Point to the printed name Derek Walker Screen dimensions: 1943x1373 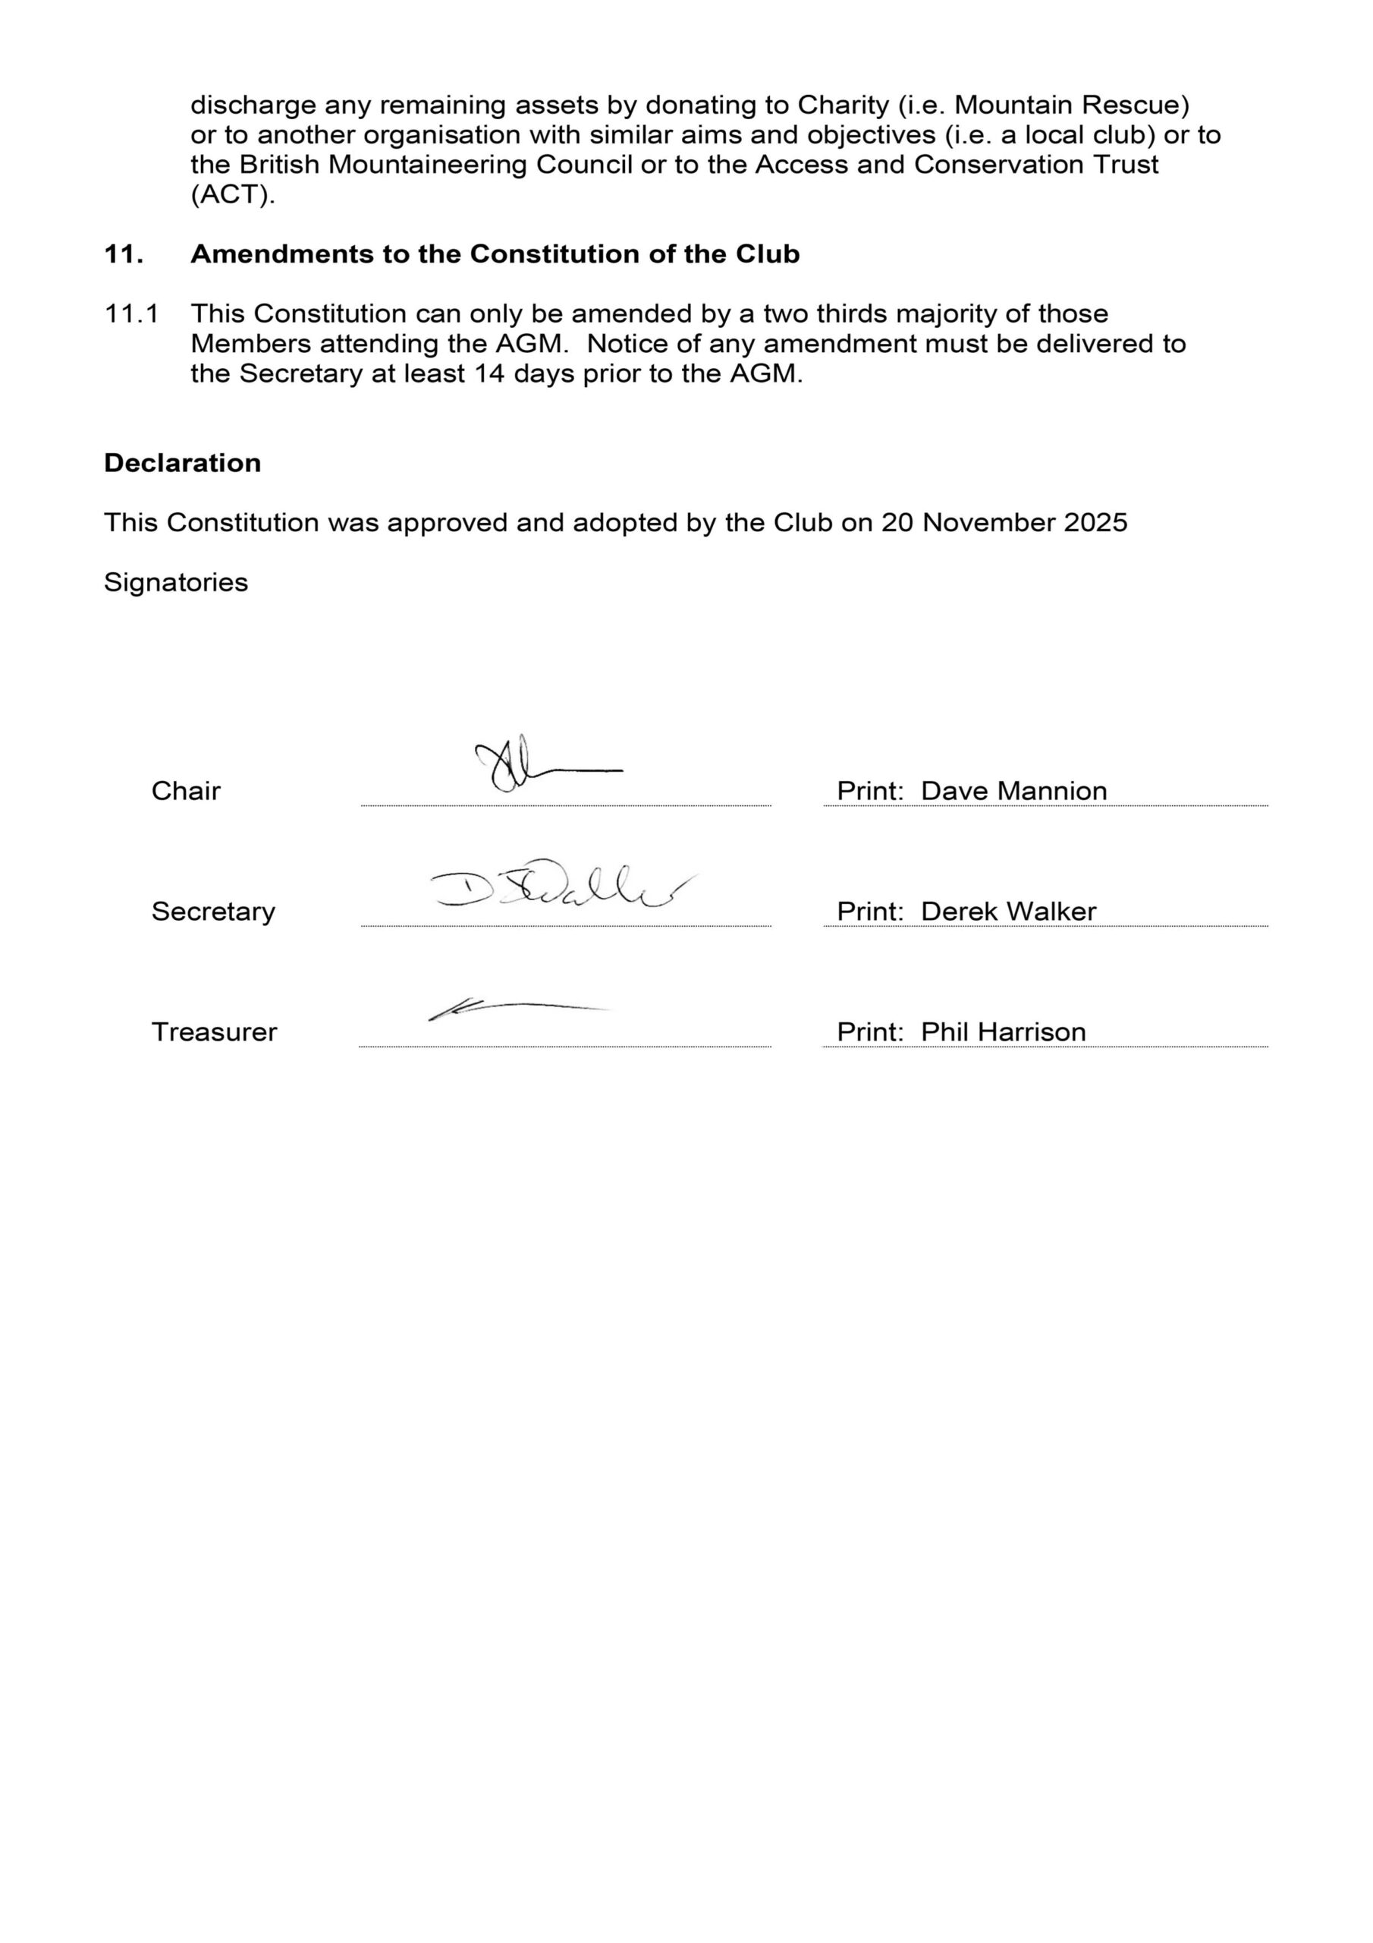(1007, 912)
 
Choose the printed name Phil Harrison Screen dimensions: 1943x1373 (1003, 1031)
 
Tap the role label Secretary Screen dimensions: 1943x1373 (213, 912)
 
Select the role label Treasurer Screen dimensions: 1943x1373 (214, 1031)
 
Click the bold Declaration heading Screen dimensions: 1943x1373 (182, 463)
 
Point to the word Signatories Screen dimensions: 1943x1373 (176, 582)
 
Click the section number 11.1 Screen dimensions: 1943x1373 (131, 314)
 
